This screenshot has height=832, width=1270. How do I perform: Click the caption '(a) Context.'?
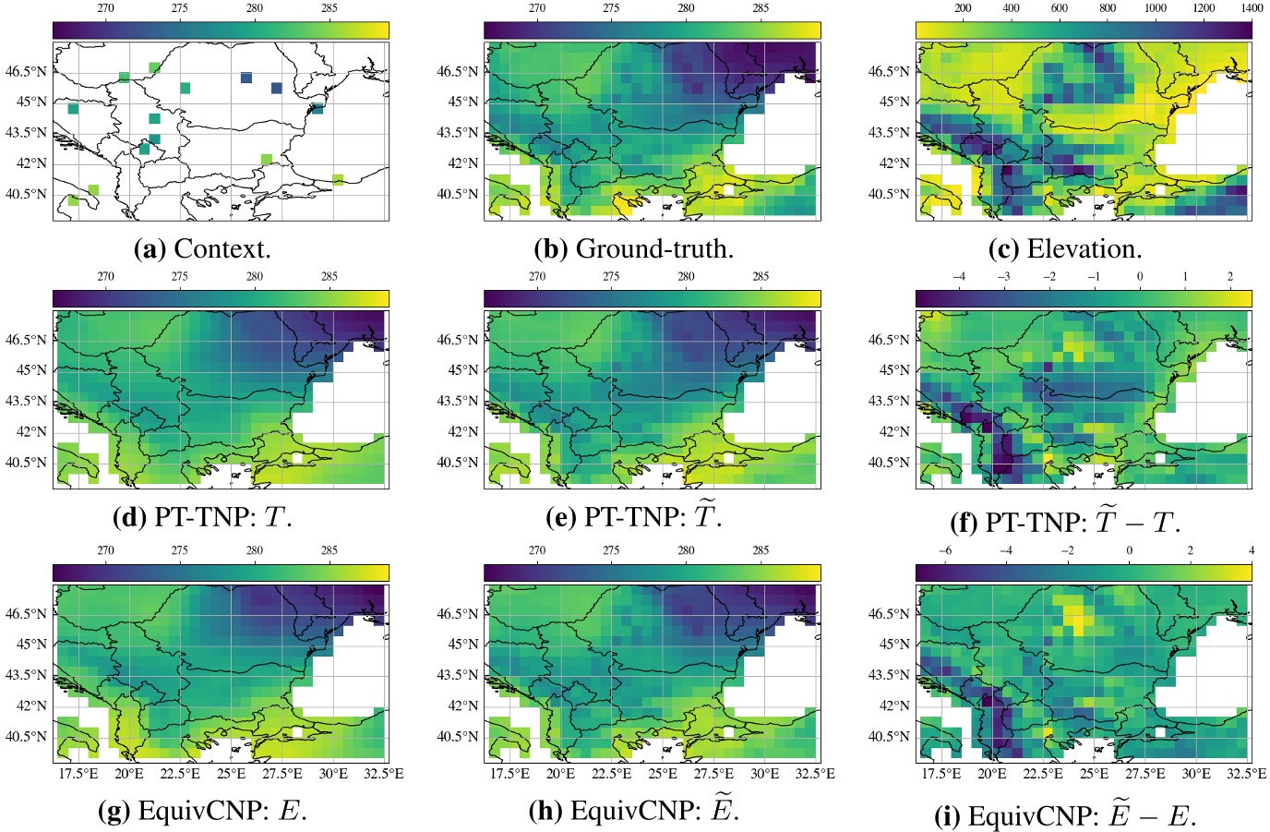[x=202, y=248]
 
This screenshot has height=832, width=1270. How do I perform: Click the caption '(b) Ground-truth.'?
[x=633, y=248]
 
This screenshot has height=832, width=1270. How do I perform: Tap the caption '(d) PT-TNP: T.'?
[x=202, y=517]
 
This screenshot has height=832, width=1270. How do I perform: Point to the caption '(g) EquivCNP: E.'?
[x=202, y=811]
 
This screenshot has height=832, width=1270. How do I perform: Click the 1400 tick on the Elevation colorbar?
[x=1252, y=8]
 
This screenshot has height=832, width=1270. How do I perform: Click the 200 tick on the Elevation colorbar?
[x=963, y=8]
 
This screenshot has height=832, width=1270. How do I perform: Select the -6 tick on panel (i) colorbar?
[x=944, y=551]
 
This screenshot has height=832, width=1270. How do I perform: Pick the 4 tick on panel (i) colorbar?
[x=1252, y=551]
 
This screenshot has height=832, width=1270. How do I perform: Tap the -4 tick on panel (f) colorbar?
[x=959, y=276]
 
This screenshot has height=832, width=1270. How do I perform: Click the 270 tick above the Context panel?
[x=105, y=8]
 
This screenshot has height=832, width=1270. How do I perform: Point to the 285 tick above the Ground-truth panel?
[x=761, y=8]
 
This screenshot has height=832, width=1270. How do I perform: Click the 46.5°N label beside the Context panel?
[x=28, y=71]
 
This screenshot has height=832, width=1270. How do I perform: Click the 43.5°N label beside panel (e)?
[x=459, y=401]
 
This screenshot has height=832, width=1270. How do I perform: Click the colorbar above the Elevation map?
[x=1084, y=30]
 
